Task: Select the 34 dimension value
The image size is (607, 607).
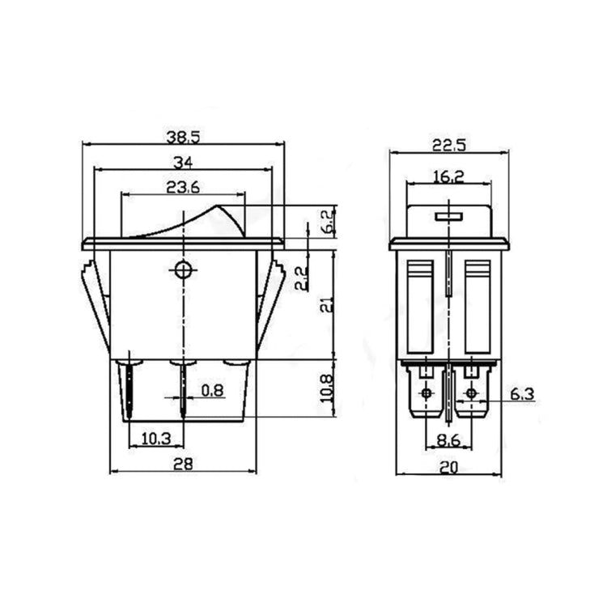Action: pyautogui.click(x=183, y=160)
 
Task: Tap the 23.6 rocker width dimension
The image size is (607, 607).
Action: pyautogui.click(x=183, y=187)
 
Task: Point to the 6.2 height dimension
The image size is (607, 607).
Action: pyautogui.click(x=327, y=220)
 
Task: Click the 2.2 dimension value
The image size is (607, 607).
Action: pyautogui.click(x=300, y=278)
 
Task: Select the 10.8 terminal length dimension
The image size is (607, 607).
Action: pyautogui.click(x=327, y=389)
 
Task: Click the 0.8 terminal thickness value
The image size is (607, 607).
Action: pyautogui.click(x=212, y=391)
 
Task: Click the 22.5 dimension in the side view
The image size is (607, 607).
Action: pyautogui.click(x=448, y=145)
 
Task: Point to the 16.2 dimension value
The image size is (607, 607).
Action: pyautogui.click(x=448, y=176)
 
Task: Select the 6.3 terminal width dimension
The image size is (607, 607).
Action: pyautogui.click(x=523, y=394)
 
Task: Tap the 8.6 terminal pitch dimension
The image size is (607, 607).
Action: pyautogui.click(x=448, y=441)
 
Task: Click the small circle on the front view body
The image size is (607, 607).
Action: pyautogui.click(x=184, y=270)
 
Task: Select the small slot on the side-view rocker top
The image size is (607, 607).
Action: pyautogui.click(x=448, y=216)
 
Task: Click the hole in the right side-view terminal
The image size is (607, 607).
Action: pyautogui.click(x=471, y=394)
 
